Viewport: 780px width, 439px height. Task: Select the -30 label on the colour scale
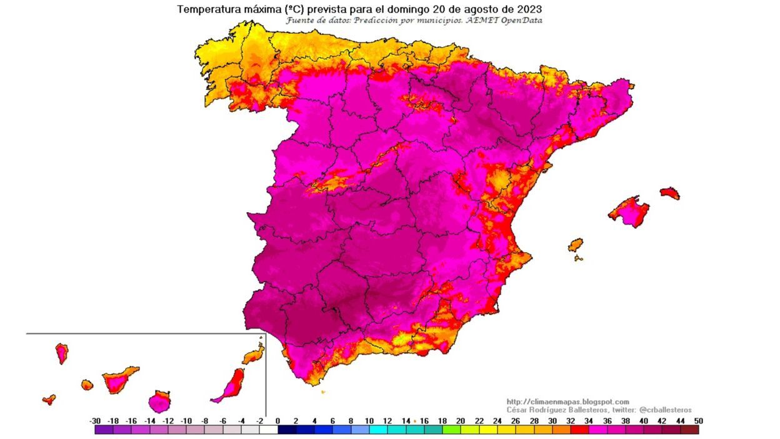(x=95, y=421)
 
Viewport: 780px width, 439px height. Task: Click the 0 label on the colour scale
(x=277, y=421)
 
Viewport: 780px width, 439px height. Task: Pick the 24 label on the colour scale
(x=497, y=421)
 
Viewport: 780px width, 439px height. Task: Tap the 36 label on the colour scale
(x=607, y=421)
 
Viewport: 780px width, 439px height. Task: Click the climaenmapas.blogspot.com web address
(x=567, y=402)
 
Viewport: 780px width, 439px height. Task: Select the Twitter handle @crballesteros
(x=665, y=410)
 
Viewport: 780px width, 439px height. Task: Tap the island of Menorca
(x=669, y=193)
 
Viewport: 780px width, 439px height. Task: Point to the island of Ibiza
(x=575, y=245)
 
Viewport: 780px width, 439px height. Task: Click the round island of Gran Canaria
(x=160, y=401)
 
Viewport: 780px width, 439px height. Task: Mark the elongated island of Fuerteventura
(x=231, y=385)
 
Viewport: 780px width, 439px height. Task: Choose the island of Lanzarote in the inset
(x=253, y=356)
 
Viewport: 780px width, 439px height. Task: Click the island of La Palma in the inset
(x=62, y=353)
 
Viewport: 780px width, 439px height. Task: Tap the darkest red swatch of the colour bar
(x=689, y=430)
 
